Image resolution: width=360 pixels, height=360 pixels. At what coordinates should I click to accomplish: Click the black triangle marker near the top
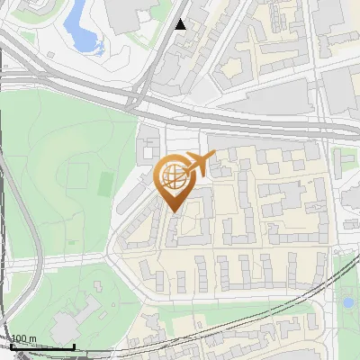181,24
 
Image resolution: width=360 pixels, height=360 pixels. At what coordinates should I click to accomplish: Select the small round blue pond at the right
347,302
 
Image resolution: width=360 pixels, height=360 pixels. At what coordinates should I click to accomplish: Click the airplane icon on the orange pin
200,164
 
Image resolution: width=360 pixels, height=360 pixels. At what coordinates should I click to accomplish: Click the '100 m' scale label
24,339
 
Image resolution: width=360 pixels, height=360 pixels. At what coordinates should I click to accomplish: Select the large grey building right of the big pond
126,13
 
